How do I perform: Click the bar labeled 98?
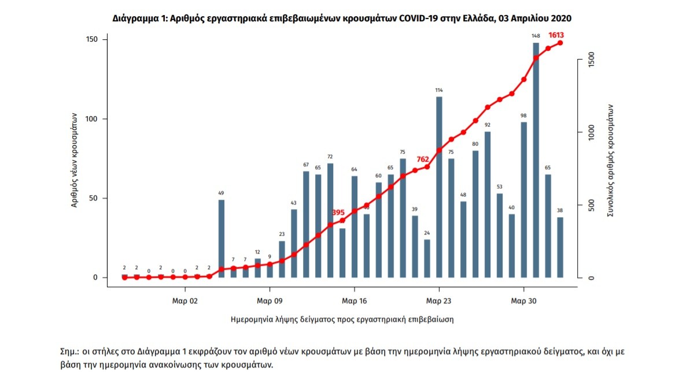(x=523, y=199)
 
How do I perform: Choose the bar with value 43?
(x=294, y=243)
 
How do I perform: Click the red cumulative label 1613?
(x=556, y=36)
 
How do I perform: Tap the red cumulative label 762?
(x=423, y=159)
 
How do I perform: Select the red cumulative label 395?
(x=338, y=213)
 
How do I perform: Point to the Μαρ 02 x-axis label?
(x=185, y=301)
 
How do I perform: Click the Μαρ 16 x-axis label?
(x=355, y=301)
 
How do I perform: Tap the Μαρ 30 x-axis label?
(x=524, y=301)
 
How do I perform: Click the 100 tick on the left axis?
(x=92, y=119)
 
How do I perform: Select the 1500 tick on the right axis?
(x=591, y=59)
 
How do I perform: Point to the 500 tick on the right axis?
(x=591, y=205)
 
